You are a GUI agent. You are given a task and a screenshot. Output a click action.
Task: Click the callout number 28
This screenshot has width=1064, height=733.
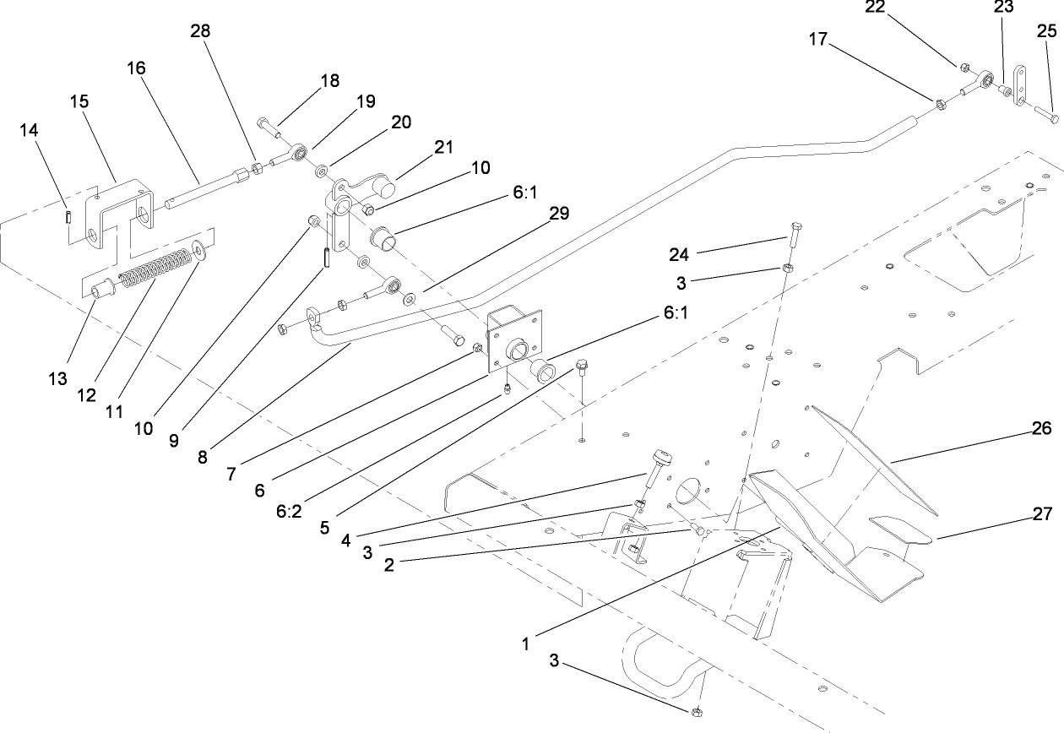point(201,31)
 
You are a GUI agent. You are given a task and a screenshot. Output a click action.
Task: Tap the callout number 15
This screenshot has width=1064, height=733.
point(79,101)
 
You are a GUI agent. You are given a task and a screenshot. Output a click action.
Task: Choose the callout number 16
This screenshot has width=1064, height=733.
point(137,68)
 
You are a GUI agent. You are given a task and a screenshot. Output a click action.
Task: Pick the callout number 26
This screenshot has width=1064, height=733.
point(1042,429)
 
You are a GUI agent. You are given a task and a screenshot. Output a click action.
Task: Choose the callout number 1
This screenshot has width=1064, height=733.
point(524,643)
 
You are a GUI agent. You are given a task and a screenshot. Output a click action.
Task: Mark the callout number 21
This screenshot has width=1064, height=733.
point(443,148)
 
